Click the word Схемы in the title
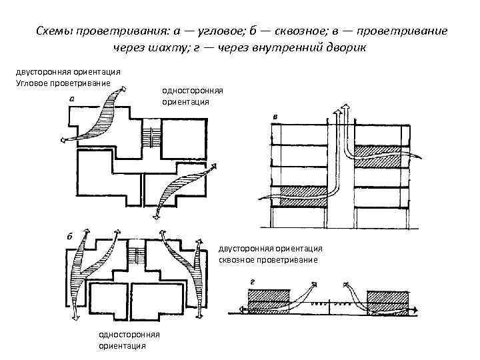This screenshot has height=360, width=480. (x=53, y=31)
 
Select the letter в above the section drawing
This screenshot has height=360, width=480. (x=275, y=117)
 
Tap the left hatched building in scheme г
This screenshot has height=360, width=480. (x=268, y=301)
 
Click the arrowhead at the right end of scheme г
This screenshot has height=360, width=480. (x=414, y=309)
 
